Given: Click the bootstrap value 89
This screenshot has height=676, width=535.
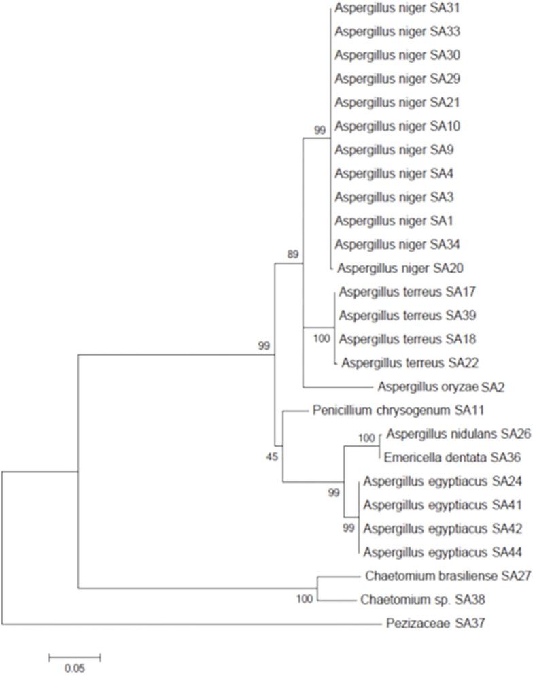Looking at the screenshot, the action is click(x=294, y=254).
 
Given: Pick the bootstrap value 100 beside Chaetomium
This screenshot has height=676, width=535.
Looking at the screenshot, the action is click(x=304, y=598).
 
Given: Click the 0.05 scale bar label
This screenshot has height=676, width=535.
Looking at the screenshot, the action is click(x=74, y=668).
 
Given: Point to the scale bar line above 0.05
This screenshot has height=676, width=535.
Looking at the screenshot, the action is click(x=74, y=657).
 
